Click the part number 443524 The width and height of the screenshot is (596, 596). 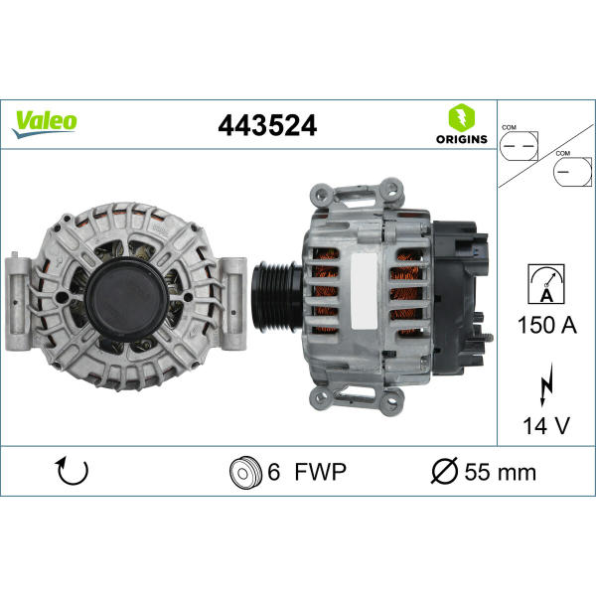point(267,125)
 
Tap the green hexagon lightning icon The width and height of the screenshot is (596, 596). point(462,118)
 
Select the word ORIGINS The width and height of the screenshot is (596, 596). point(462,139)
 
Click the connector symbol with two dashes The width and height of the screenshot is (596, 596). point(519,146)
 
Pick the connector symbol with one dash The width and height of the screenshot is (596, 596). point(572,172)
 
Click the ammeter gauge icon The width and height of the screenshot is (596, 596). point(546,284)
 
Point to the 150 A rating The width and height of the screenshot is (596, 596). point(547,326)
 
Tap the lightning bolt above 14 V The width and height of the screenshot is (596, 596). point(547,384)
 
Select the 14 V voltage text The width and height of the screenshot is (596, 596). point(546,426)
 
